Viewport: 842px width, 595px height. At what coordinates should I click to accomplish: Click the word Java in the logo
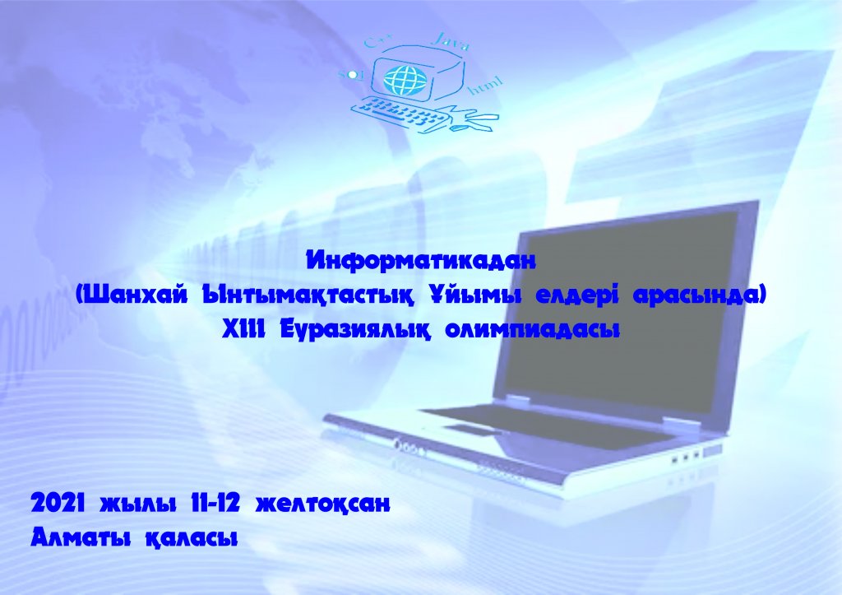[x=451, y=41]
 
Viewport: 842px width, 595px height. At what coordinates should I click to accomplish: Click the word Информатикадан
[x=421, y=261]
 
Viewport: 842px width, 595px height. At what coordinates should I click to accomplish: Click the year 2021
[x=59, y=504]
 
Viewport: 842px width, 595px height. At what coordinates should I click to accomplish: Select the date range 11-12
[x=215, y=504]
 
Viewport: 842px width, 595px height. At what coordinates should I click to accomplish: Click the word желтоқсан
[x=322, y=504]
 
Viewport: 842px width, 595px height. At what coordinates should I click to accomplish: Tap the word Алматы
[x=81, y=537]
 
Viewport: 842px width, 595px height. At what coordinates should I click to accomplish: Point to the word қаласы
[x=192, y=537]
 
